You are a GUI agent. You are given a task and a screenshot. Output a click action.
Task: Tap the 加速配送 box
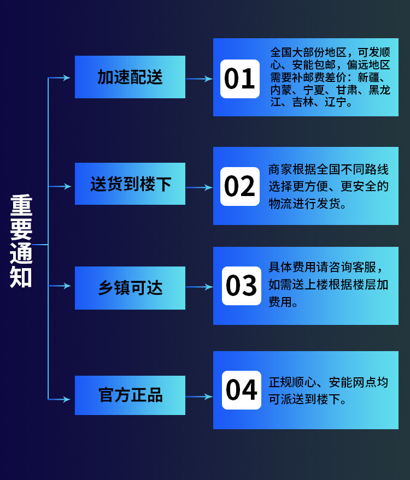pyautogui.click(x=130, y=77)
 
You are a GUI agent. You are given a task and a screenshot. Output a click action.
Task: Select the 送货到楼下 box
pyautogui.click(x=130, y=184)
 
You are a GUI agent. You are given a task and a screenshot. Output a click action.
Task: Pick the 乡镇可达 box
pyautogui.click(x=130, y=288)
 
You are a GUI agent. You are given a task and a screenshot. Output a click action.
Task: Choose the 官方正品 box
pyautogui.click(x=130, y=395)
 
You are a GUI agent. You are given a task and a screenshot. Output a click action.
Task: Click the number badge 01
pyautogui.click(x=239, y=79)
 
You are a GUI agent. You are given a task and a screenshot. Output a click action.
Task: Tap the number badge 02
pyautogui.click(x=239, y=186)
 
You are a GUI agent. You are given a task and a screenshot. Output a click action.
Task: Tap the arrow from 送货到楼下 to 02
pyautogui.click(x=199, y=187)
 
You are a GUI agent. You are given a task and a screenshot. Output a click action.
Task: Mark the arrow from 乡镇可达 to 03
pyautogui.click(x=199, y=287)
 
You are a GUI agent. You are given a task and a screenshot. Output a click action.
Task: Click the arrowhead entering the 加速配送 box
pyautogui.click(x=67, y=78)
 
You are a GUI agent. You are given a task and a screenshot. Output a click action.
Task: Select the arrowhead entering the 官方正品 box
pyautogui.click(x=67, y=399)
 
